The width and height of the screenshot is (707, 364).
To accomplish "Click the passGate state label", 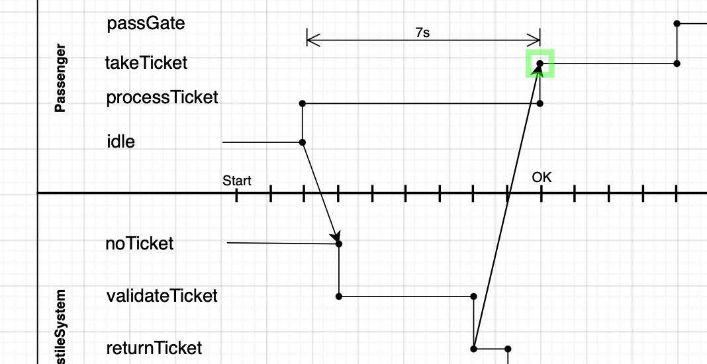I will [146, 24].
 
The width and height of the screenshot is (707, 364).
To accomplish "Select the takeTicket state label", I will [146, 63].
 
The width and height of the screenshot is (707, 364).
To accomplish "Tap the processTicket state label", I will [162, 98].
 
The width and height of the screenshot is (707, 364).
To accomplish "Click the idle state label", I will [120, 142].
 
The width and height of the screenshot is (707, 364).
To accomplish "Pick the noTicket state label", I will [139, 244].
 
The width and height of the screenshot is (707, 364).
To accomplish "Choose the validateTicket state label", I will [162, 296].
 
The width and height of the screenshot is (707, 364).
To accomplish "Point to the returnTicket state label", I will [154, 347].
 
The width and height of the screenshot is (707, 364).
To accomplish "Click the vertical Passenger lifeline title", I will [60, 79].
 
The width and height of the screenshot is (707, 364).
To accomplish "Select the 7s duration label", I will [422, 32].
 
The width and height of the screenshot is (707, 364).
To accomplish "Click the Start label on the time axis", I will [236, 181].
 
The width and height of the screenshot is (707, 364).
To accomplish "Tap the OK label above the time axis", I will [541, 177].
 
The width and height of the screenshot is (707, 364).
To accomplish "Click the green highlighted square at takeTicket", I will [540, 64].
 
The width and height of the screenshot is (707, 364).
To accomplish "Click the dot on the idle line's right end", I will [303, 142].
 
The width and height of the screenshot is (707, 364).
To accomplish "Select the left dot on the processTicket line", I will [303, 103].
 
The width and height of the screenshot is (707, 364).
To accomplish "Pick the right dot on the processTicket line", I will [540, 103].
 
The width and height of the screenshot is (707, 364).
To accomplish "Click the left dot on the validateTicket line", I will [339, 296].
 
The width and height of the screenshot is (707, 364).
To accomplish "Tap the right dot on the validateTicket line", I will [474, 296].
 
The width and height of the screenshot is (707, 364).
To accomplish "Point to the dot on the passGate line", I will [677, 24].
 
